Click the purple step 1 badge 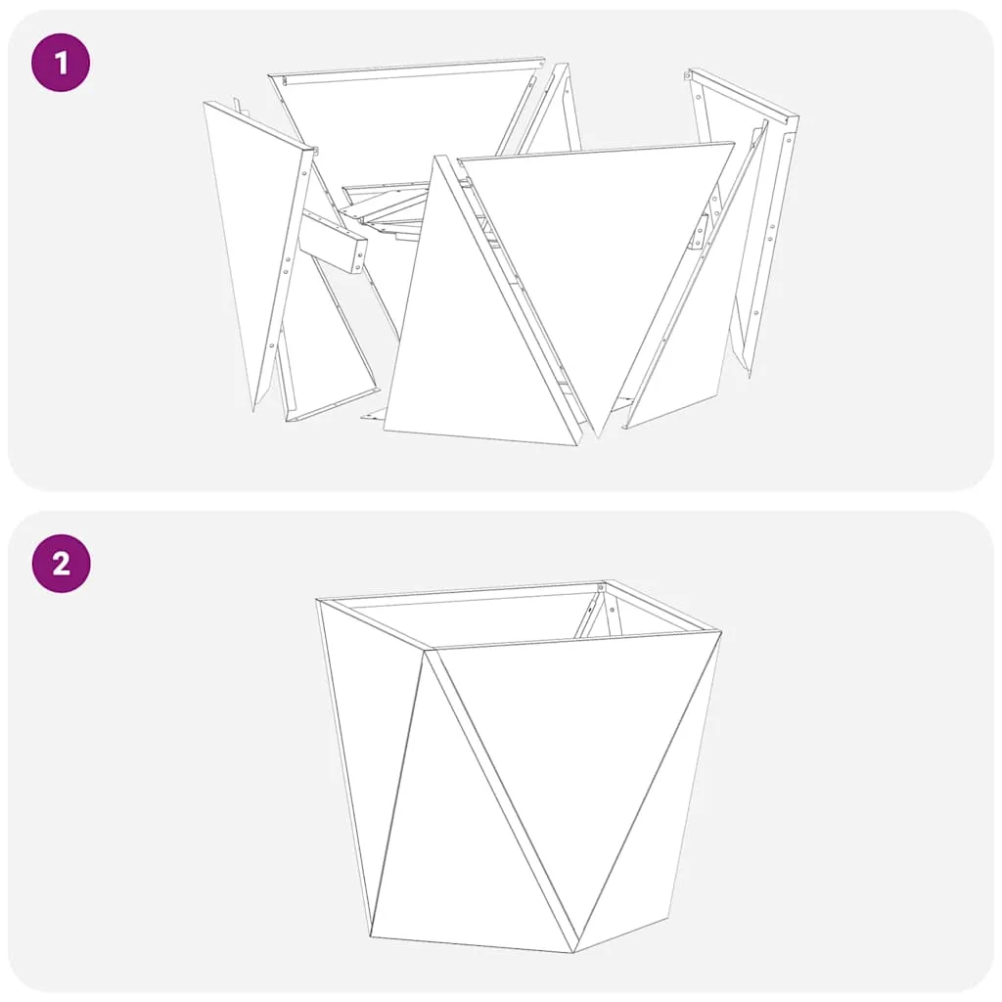pyautogui.click(x=61, y=63)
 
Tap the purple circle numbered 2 pyautogui.click(x=61, y=564)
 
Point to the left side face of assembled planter pyautogui.click(x=371, y=754)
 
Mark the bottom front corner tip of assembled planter pyautogui.click(x=573, y=952)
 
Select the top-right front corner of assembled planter pyautogui.click(x=721, y=633)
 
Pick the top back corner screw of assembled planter pyautogui.click(x=601, y=587)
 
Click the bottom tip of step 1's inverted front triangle pyautogui.click(x=598, y=437)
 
